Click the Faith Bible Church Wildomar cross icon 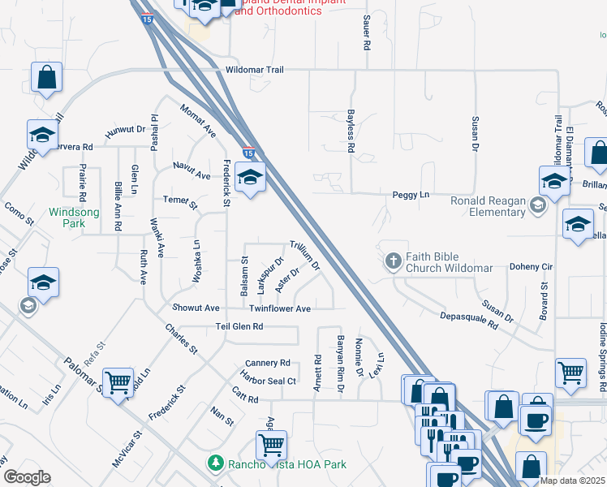coord(394,261)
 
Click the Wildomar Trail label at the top coord(249,70)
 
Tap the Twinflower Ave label coord(280,308)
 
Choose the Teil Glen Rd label coord(239,326)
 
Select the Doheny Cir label coord(531,266)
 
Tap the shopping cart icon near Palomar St coord(118,383)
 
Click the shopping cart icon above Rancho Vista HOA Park coord(270,444)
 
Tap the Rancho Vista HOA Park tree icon coord(215,463)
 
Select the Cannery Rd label coord(267,363)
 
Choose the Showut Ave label coord(196,308)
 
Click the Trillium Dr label coord(305,255)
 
